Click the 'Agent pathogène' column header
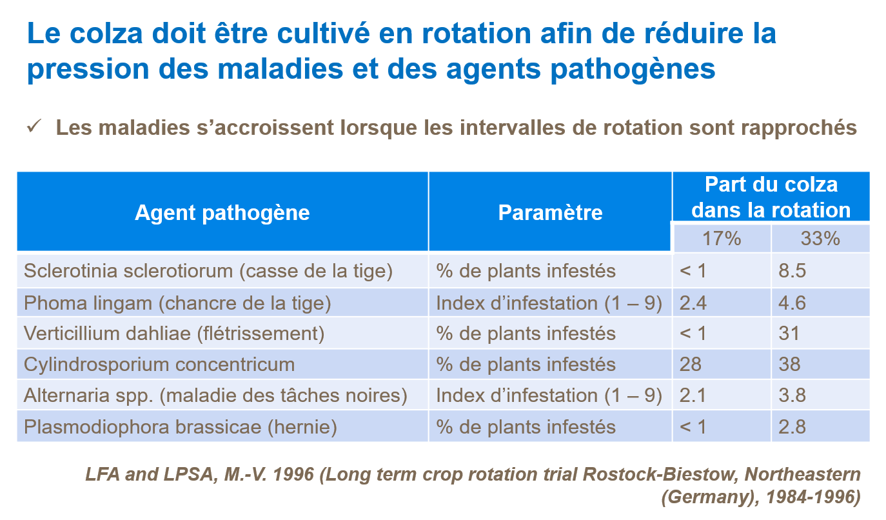tap(222, 213)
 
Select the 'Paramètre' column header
tap(550, 213)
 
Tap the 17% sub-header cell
tap(722, 239)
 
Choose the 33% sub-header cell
tap(820, 239)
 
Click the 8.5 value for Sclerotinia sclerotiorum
tap(792, 270)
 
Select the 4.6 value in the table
tap(792, 303)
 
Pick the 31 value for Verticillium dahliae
tap(789, 334)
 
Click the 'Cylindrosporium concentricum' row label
tap(159, 365)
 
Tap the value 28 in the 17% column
tap(690, 365)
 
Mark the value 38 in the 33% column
tap(789, 365)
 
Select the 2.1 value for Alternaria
tap(693, 395)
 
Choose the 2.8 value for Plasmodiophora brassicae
tap(792, 426)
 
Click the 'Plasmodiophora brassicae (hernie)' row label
tap(181, 426)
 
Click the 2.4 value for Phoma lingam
tap(693, 303)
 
